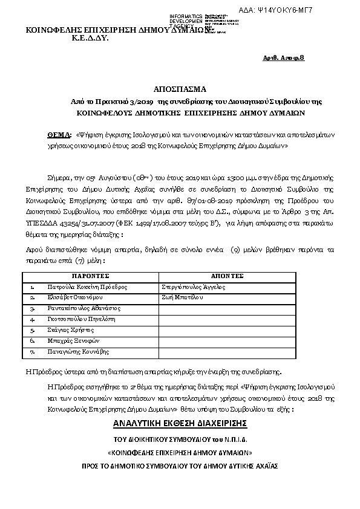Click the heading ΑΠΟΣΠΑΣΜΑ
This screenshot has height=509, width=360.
179,88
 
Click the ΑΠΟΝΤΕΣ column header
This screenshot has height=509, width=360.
227,276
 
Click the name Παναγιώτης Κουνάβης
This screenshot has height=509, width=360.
78,351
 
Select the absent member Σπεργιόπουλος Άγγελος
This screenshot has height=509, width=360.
193,287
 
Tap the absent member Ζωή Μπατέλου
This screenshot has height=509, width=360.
181,297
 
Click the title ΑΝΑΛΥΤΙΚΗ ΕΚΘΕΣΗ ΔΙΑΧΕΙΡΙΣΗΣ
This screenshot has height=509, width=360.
180,422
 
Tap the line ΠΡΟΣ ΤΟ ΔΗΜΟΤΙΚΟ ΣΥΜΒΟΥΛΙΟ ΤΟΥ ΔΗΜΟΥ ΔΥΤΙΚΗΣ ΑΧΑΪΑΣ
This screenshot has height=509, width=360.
180,466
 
